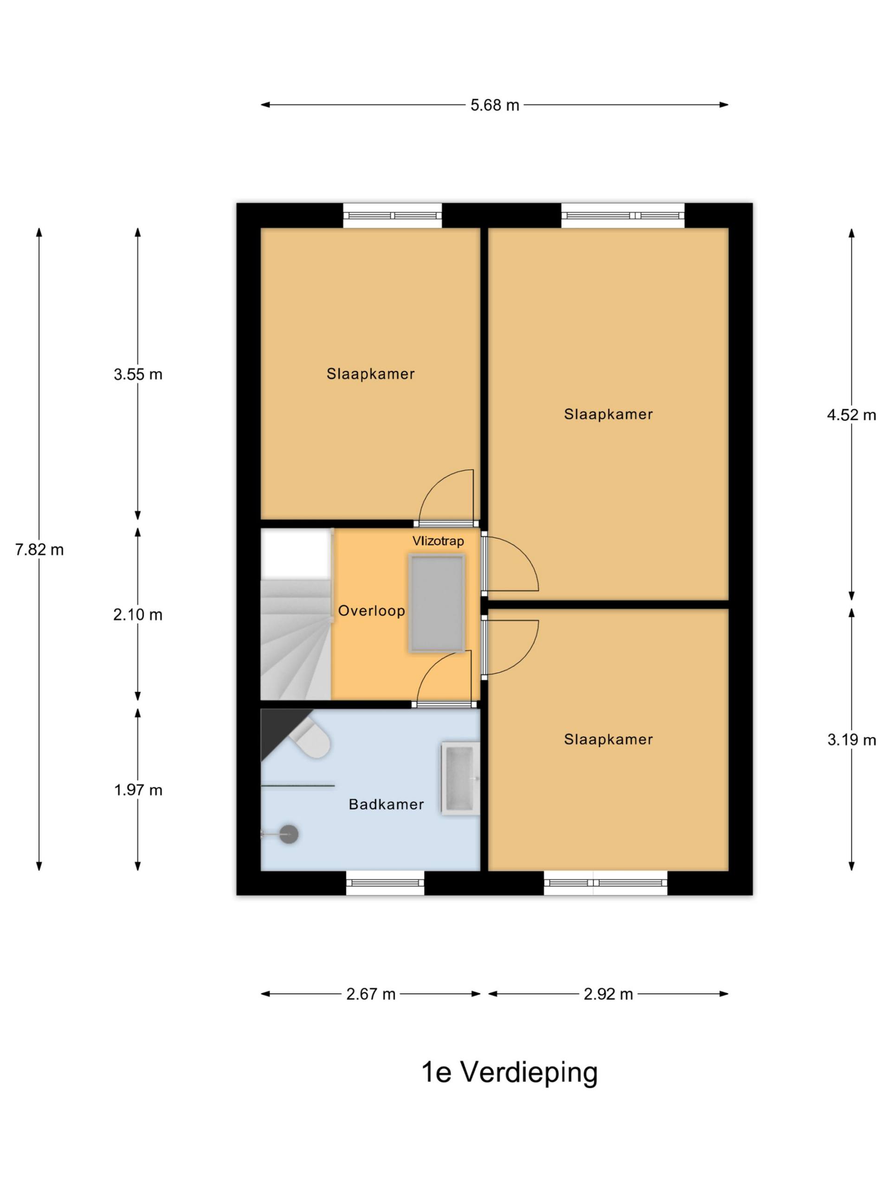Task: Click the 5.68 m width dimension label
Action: pos(494,105)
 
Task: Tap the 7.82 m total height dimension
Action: pos(39,549)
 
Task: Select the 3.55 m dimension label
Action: pos(137,375)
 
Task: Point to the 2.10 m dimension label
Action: pos(137,615)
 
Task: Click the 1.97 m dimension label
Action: pos(137,791)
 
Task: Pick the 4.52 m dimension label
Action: pos(851,415)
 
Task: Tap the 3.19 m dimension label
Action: pos(851,740)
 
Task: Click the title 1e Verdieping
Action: pos(509,1073)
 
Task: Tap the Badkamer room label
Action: pos(386,804)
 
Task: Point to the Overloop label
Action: pos(371,611)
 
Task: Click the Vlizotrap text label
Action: pos(438,541)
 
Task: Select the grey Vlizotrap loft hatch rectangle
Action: pos(437,603)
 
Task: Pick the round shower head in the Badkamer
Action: pos(289,835)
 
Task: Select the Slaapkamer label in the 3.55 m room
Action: pos(371,374)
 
